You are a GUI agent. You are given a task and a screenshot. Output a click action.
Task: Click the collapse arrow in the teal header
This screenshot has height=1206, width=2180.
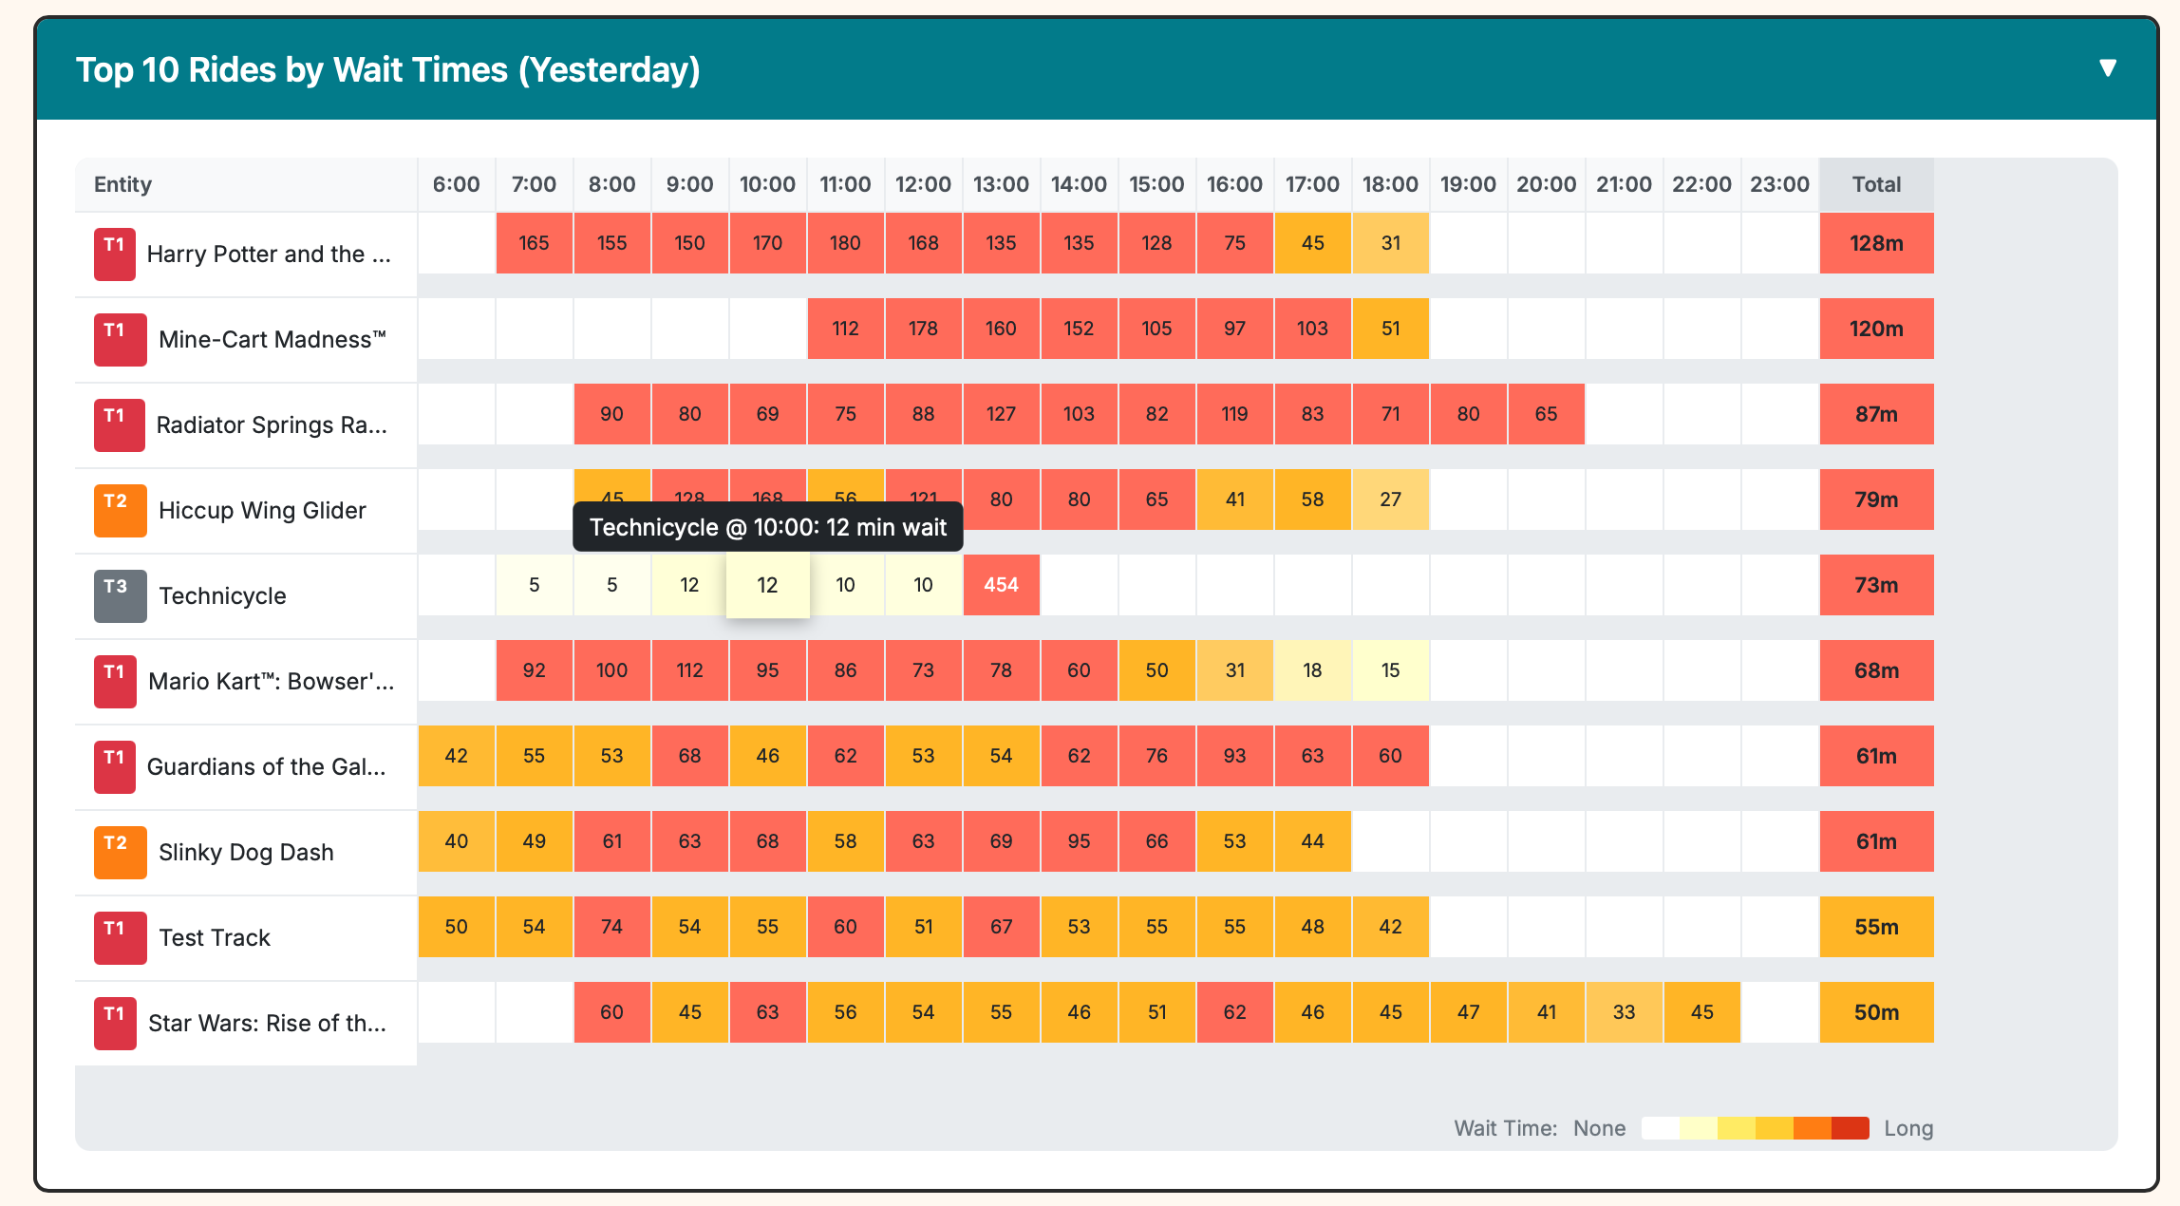coord(2107,68)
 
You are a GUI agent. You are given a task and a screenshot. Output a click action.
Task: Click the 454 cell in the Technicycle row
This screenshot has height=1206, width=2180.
coord(1001,585)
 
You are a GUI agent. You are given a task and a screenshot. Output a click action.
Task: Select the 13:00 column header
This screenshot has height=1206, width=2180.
coord(1001,184)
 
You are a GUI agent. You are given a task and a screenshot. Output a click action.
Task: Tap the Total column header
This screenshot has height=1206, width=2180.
coord(1876,184)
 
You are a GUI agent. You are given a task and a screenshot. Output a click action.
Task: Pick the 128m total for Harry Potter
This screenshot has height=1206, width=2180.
coord(1876,243)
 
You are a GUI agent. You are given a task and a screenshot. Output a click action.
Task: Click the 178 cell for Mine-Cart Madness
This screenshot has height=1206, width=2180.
coord(923,329)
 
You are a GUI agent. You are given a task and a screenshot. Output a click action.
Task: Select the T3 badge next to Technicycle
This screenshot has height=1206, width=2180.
coord(120,595)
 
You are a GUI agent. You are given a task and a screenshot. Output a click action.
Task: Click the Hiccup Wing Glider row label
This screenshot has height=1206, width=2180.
coord(262,511)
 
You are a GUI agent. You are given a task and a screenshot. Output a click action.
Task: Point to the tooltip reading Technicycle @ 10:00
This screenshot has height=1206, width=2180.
coord(767,527)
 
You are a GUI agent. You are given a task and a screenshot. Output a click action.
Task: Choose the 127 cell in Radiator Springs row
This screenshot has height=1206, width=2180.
coord(1001,414)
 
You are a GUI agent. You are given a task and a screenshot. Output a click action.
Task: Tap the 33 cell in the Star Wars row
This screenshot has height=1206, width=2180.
coord(1624,1012)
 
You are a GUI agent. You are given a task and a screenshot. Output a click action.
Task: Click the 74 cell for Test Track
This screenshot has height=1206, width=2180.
coord(611,927)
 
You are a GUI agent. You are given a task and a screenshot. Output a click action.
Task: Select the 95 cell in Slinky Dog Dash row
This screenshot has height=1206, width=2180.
coord(1079,841)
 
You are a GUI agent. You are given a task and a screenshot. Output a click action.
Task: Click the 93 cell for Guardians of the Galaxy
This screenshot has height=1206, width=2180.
coord(1234,756)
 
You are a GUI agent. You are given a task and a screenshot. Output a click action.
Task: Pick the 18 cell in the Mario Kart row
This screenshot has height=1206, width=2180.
coord(1312,670)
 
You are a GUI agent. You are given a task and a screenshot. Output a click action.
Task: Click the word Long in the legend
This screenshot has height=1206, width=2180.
coord(1908,1128)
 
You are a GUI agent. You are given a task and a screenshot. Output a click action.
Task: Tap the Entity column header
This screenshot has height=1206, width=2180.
coord(122,184)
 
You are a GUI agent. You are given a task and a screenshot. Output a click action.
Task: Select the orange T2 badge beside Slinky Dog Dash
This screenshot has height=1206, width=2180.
coord(120,852)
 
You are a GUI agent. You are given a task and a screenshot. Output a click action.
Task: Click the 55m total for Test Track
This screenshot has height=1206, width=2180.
coord(1876,927)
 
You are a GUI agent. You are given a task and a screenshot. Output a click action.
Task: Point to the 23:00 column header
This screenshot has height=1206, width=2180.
coord(1779,184)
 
